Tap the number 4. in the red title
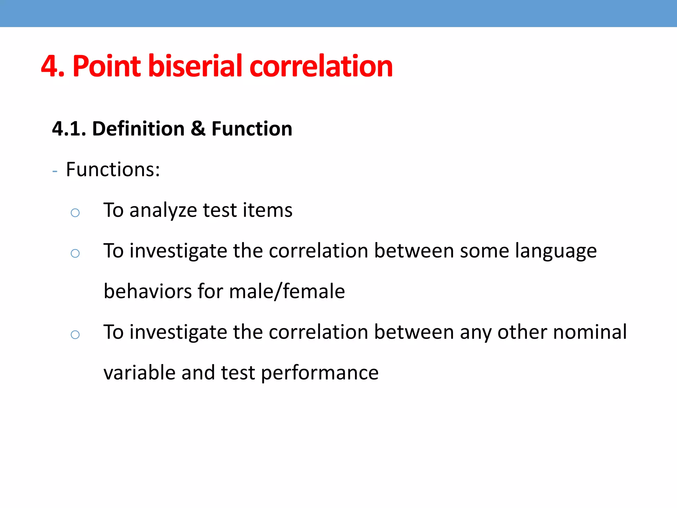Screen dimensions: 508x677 pyautogui.click(x=53, y=66)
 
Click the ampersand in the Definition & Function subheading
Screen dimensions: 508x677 pyautogui.click(x=198, y=128)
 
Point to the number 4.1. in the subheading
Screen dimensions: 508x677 pyautogui.click(x=69, y=128)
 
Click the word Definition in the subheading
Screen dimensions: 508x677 pyautogui.click(x=138, y=128)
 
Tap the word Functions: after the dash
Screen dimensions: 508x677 pyautogui.click(x=113, y=169)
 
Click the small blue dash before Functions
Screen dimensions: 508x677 pyautogui.click(x=55, y=171)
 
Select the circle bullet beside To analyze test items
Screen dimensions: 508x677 pyautogui.click(x=75, y=212)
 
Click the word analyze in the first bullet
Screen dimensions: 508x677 pyautogui.click(x=163, y=210)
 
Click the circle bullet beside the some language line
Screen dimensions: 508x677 pyautogui.click(x=75, y=253)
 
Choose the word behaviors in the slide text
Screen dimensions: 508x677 pyautogui.click(x=147, y=291)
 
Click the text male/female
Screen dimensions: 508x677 pyautogui.click(x=287, y=291)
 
